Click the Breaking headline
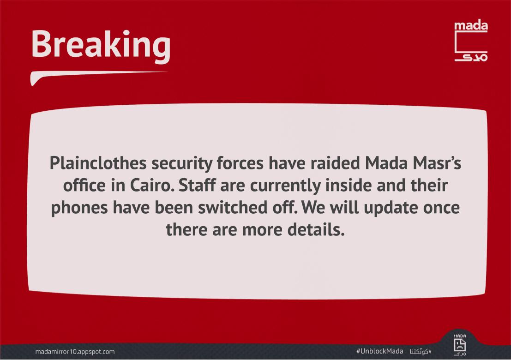(x=101, y=44)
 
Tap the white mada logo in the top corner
(x=471, y=41)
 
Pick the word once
(x=443, y=208)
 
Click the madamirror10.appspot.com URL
(x=75, y=352)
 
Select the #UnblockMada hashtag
(x=380, y=351)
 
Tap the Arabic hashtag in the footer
(x=421, y=351)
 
